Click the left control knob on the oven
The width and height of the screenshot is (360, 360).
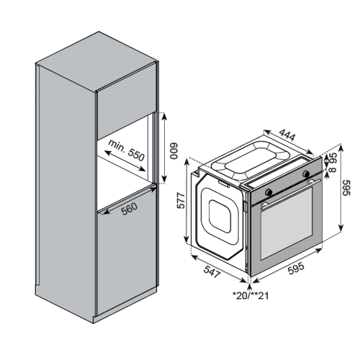[x=269, y=192]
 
